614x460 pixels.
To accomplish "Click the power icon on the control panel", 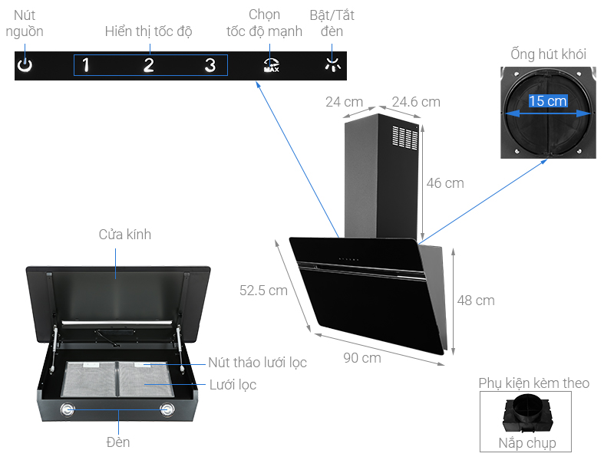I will coord(25,65).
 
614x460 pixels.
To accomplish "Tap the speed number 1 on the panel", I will coord(85,65).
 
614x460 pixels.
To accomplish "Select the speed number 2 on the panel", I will coord(148,65).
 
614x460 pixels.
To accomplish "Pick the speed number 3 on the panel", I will coord(210,65).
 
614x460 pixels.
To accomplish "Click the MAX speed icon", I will coord(271,65).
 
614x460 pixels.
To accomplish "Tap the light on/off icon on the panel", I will coord(332,65).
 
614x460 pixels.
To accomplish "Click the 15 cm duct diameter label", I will coord(548,101).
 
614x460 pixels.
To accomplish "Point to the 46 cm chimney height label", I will coord(445,183).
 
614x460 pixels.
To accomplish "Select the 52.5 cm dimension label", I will coord(263,291).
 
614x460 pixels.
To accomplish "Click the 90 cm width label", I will coord(361,358).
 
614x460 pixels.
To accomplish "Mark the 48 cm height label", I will coord(476,301).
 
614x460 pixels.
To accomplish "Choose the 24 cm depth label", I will coord(344,102).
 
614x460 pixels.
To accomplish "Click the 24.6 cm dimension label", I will coord(416,102).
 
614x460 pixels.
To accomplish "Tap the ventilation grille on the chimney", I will coord(404,138).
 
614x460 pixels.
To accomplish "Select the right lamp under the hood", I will coord(167,409).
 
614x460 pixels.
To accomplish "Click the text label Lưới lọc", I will coord(233,384).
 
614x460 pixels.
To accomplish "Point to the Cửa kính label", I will coord(125,235).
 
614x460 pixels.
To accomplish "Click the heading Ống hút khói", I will coord(548,54).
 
